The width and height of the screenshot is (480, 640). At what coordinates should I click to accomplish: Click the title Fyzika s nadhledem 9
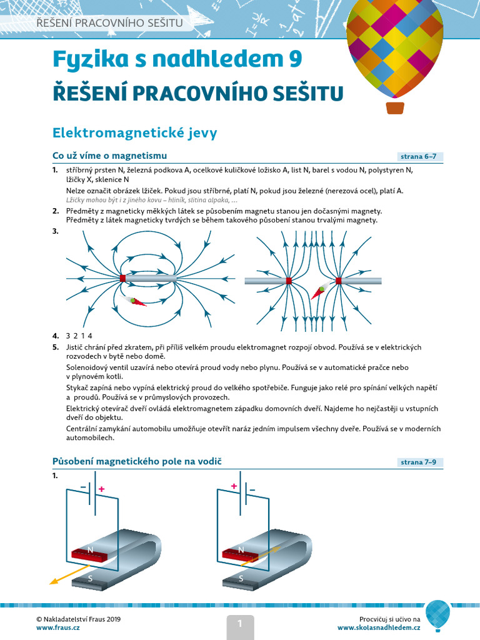tap(177, 59)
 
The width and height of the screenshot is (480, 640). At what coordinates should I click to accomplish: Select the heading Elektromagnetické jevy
tap(134, 133)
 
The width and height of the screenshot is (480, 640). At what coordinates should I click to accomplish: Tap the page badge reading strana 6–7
tap(421, 157)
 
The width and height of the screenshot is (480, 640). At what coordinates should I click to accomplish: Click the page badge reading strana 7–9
tap(421, 462)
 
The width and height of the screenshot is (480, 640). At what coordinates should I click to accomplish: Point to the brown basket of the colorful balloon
tap(395, 107)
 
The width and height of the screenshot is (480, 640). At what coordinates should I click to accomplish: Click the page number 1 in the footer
tap(239, 622)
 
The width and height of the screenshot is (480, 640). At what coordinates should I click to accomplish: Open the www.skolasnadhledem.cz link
tap(379, 627)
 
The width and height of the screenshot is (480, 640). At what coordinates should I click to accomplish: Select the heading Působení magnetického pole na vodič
tap(137, 461)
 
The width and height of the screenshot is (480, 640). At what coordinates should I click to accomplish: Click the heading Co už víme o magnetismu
tap(109, 156)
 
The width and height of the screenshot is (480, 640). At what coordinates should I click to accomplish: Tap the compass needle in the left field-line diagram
tap(136, 301)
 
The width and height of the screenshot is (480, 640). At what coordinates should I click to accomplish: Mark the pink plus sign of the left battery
tap(102, 489)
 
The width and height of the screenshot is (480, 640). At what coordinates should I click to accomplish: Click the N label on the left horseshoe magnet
tap(91, 551)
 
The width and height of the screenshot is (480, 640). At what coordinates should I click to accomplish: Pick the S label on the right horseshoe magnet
tap(241, 579)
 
